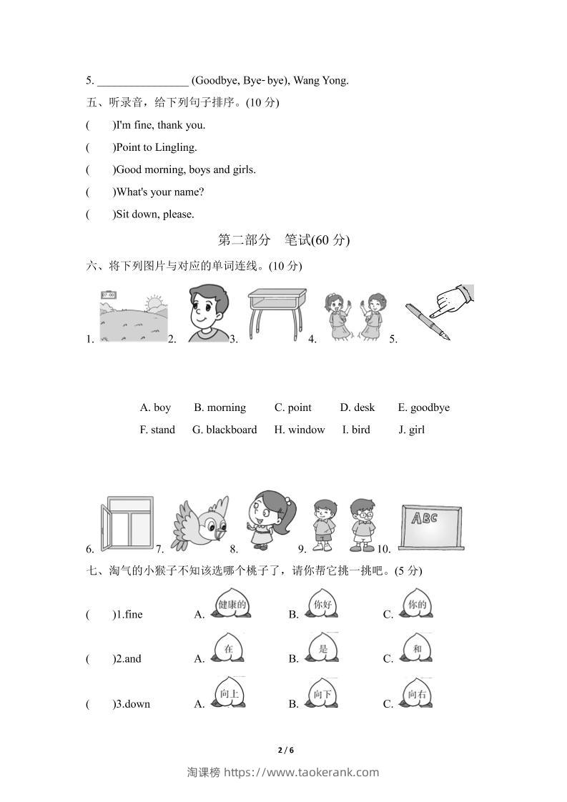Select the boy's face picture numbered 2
202,313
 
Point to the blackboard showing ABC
430,527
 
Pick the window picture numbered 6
127,524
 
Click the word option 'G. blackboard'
225,430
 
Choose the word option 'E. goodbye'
423,407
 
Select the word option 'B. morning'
220,407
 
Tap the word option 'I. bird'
356,430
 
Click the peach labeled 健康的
231,604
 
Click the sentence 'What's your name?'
160,192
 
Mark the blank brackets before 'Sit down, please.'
100,214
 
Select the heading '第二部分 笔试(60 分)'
283,240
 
